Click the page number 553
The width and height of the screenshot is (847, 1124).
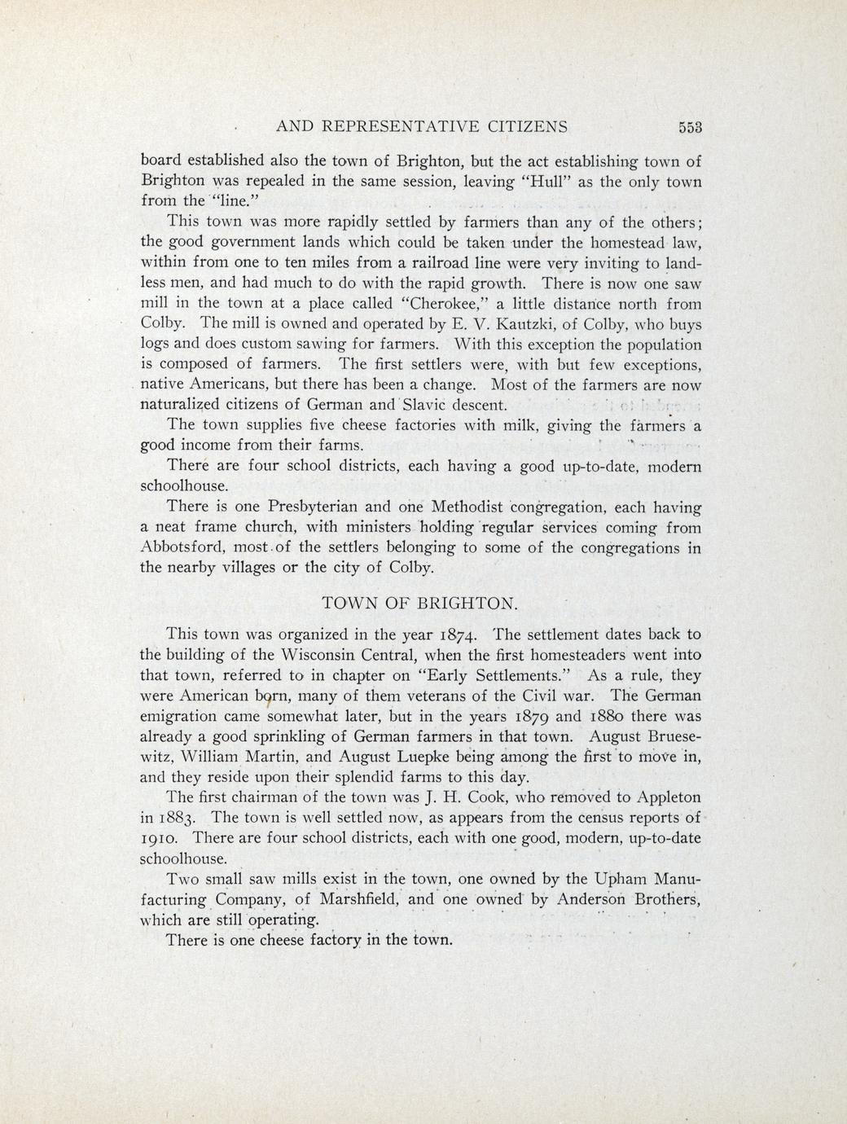click(689, 127)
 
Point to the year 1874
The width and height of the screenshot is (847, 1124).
click(462, 634)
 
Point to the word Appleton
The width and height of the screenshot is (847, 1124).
click(661, 797)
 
